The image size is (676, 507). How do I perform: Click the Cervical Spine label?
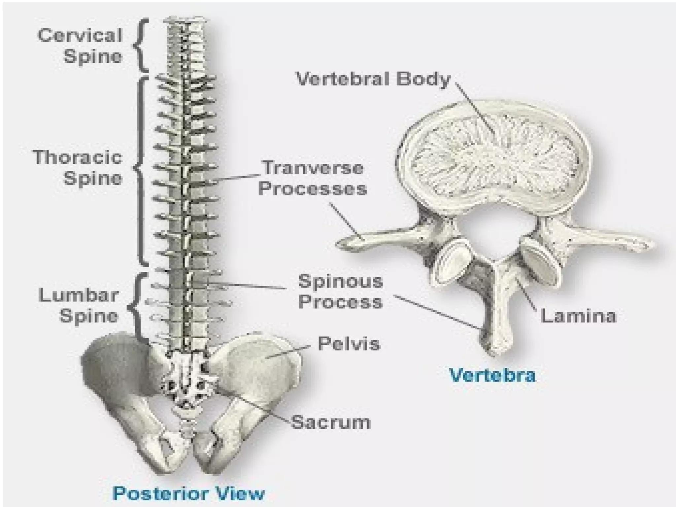pos(80,45)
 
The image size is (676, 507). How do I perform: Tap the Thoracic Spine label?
pos(78,167)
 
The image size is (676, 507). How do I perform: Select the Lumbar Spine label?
pos(79,305)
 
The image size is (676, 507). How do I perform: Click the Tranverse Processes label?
pos(312,178)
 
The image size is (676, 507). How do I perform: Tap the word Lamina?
pos(578,316)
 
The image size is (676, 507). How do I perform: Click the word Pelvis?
pos(349,343)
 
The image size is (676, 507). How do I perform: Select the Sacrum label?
pos(330,422)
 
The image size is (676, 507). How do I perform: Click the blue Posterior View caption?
pos(188,493)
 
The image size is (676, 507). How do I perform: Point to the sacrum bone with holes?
pos(186,383)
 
